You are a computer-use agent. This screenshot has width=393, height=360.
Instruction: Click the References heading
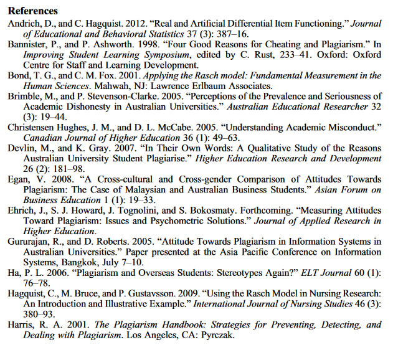pos(32,11)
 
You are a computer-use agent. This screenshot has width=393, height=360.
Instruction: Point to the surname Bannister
pos(28,44)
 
